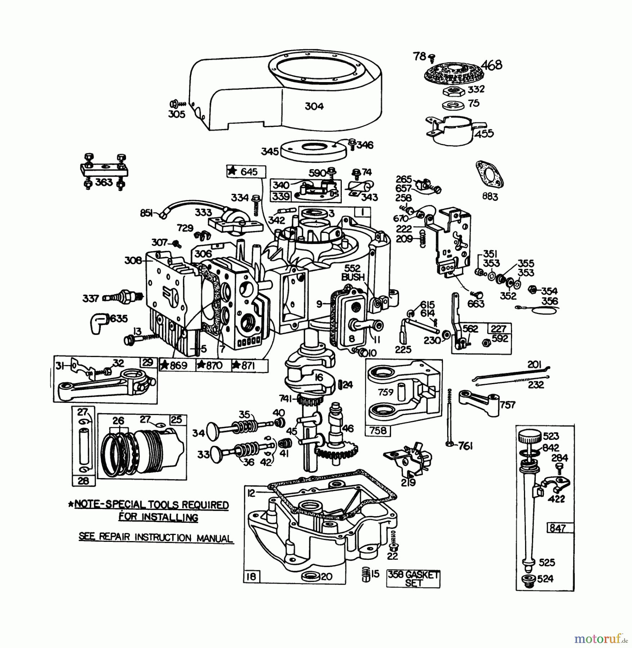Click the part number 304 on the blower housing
pos(314,106)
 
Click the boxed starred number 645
pos(246,172)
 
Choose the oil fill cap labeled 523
pos(529,438)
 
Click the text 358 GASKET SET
pos(413,579)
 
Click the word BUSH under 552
pos(353,277)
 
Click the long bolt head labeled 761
pos(449,445)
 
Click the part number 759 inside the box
pos(386,392)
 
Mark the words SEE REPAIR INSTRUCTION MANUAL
pos(156,537)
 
